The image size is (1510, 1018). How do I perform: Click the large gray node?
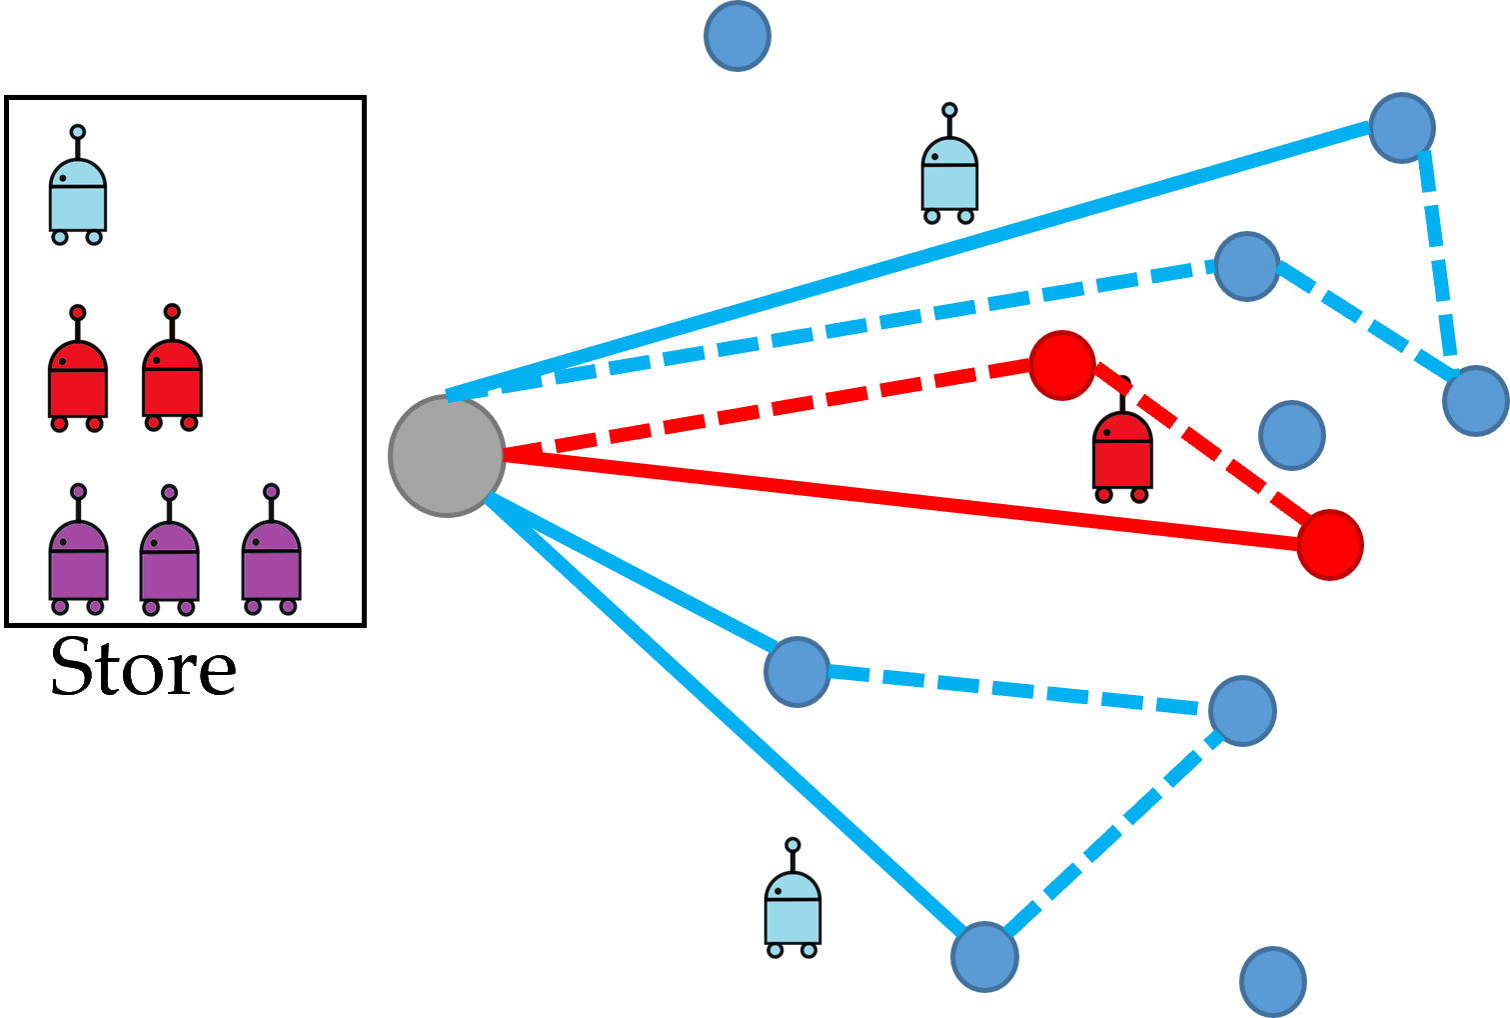click(x=447, y=456)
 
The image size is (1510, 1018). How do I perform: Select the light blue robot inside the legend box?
click(x=78, y=190)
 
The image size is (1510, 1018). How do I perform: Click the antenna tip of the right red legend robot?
click(x=172, y=312)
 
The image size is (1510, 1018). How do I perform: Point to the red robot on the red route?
click(x=1122, y=450)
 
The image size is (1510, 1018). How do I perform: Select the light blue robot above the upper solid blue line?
click(x=949, y=166)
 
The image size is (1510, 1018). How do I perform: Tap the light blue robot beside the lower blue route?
click(x=792, y=900)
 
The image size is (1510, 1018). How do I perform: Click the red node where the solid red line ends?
click(x=1330, y=544)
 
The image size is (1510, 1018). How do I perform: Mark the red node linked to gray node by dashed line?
click(x=1062, y=365)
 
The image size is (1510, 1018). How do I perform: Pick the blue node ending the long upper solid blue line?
click(x=1402, y=127)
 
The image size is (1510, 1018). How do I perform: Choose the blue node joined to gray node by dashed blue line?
click(x=1246, y=266)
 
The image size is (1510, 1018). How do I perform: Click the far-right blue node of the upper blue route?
click(x=1475, y=400)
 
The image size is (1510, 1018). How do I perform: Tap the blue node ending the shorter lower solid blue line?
click(x=796, y=671)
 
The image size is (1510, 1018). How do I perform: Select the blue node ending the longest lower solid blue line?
click(x=984, y=956)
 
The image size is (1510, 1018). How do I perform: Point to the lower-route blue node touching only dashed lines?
click(x=1242, y=710)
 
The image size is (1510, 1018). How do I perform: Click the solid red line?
click(x=899, y=500)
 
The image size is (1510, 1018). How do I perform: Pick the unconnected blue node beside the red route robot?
click(x=1291, y=435)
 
